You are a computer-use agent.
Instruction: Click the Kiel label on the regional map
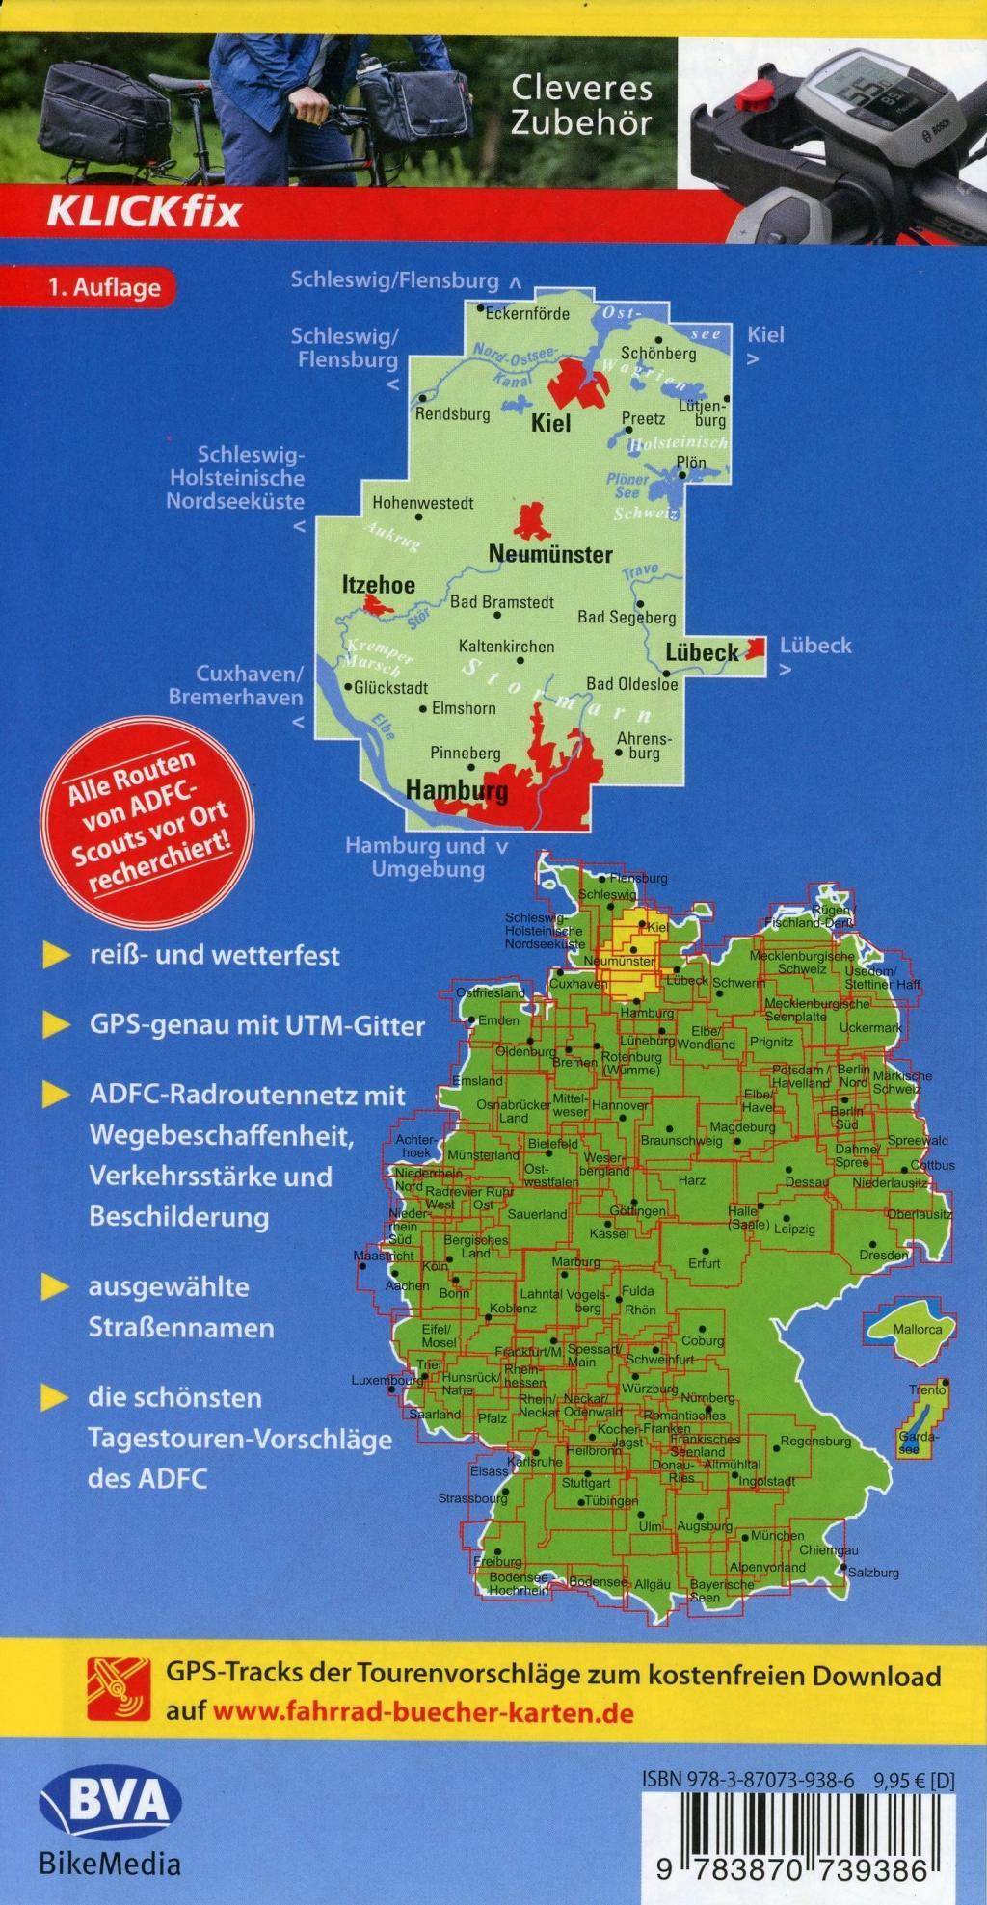pos(552,422)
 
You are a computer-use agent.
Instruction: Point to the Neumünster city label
pos(550,554)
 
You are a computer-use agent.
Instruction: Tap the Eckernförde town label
pos(527,314)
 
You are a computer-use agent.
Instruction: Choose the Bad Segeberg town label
pos(627,617)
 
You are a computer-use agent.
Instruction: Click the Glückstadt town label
pos(390,688)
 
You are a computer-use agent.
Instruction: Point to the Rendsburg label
pos(452,414)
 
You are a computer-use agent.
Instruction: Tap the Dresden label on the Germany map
pos(884,1256)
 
